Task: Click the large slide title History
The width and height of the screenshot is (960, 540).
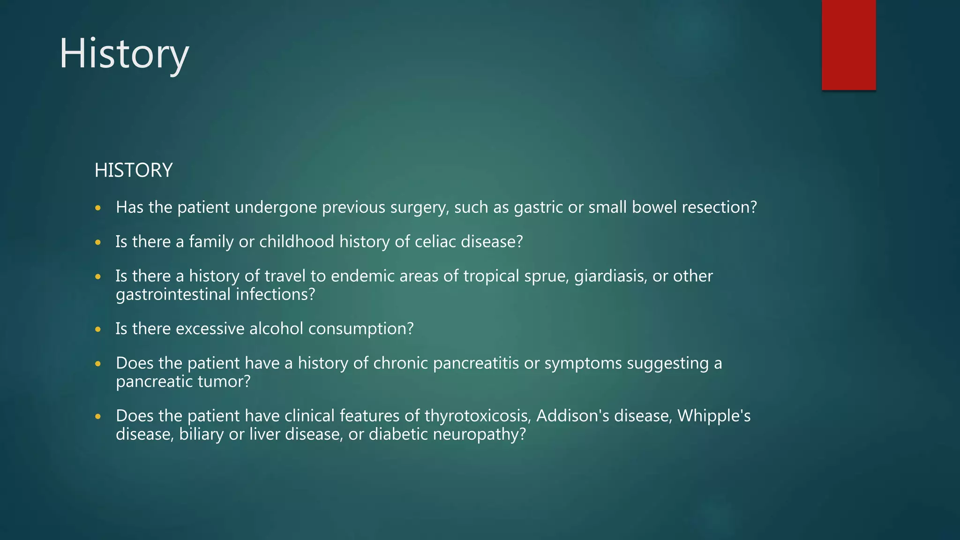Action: click(x=124, y=54)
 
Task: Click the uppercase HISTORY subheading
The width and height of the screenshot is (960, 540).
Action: click(x=134, y=170)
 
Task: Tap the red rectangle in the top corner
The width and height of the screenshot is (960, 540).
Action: click(x=848, y=45)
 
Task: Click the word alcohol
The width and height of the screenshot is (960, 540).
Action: click(x=276, y=329)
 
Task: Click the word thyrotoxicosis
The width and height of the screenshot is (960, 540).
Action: click(x=478, y=416)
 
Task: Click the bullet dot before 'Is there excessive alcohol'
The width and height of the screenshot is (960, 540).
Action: click(x=98, y=330)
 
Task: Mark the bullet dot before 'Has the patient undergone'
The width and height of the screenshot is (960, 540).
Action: click(x=98, y=208)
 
